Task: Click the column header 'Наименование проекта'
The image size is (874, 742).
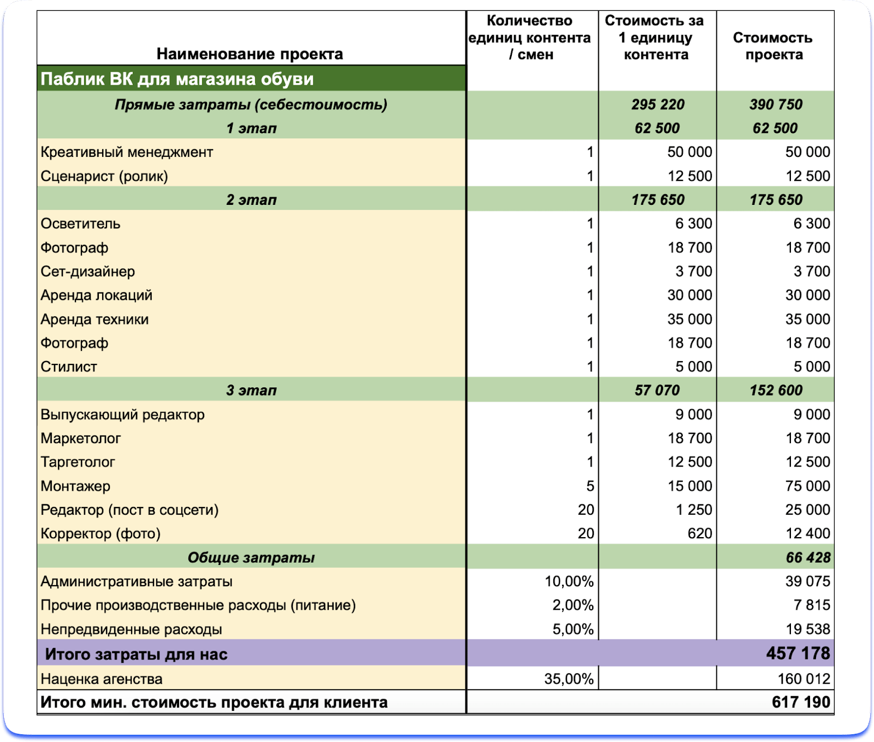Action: pos(250,54)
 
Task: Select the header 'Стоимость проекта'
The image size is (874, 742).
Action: pos(773,46)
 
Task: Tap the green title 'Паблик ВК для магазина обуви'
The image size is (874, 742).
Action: pos(177,79)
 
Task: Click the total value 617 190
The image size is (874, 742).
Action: pos(801,702)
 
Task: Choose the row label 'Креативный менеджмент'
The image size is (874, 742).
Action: pos(127,152)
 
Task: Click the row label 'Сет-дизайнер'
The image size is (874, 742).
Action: pos(87,272)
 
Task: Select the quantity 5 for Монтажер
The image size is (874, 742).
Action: pos(589,486)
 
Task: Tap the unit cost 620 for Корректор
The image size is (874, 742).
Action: pos(699,533)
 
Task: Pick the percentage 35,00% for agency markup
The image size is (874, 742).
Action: pos(569,679)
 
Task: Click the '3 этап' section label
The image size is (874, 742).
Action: pos(251,390)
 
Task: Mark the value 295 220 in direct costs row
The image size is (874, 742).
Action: pos(658,104)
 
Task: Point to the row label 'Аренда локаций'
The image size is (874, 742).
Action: pos(96,295)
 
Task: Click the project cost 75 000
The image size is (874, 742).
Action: pos(807,486)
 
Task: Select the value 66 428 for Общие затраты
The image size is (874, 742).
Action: pos(808,557)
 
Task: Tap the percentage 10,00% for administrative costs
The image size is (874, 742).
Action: pos(569,581)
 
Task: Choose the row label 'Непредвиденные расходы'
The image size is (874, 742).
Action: pos(131,629)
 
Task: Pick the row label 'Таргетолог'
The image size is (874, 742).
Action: pos(78,462)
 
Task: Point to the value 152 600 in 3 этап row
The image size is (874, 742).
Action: pos(776,390)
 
